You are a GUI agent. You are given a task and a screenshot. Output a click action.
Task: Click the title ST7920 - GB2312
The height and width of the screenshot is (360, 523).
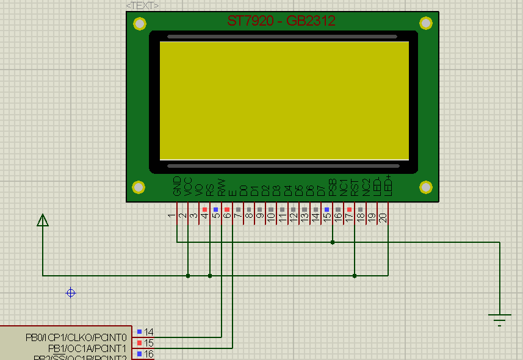[x=281, y=21]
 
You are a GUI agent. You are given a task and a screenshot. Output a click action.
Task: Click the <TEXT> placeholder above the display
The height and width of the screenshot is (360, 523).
[x=143, y=5]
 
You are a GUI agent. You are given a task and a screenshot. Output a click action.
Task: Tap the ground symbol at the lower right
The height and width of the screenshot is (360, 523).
[x=500, y=318]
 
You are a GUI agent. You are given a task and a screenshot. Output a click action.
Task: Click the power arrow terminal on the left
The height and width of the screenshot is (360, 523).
[x=43, y=220]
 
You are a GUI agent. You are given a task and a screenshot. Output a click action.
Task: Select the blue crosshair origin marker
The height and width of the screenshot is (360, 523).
[x=71, y=293]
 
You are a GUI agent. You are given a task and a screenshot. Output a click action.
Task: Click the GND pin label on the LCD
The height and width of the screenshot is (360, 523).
[x=177, y=186]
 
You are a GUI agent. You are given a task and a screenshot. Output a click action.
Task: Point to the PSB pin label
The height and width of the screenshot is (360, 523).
[x=333, y=187]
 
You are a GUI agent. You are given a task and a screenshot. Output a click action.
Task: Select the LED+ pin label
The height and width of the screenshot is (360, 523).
[x=388, y=185]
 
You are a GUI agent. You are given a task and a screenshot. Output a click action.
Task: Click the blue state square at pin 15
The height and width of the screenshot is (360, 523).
[x=326, y=209]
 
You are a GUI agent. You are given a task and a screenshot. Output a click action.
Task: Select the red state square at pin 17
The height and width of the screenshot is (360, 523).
[x=349, y=209]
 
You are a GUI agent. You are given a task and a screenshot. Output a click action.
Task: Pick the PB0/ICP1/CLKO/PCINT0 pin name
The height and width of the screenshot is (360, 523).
[x=76, y=337]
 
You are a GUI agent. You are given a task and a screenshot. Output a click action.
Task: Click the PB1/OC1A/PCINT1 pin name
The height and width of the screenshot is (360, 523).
[x=87, y=348]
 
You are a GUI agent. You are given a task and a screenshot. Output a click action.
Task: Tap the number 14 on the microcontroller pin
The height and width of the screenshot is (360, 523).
[x=149, y=333]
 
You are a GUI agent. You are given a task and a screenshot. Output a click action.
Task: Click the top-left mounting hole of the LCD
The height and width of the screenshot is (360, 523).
[x=140, y=24]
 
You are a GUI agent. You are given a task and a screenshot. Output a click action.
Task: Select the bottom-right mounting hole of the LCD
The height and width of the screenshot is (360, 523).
[x=426, y=187]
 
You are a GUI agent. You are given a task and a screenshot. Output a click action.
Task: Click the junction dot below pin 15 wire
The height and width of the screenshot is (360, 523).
[x=333, y=242]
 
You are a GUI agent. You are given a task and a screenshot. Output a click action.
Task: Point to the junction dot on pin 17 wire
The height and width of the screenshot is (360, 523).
[x=355, y=276]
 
